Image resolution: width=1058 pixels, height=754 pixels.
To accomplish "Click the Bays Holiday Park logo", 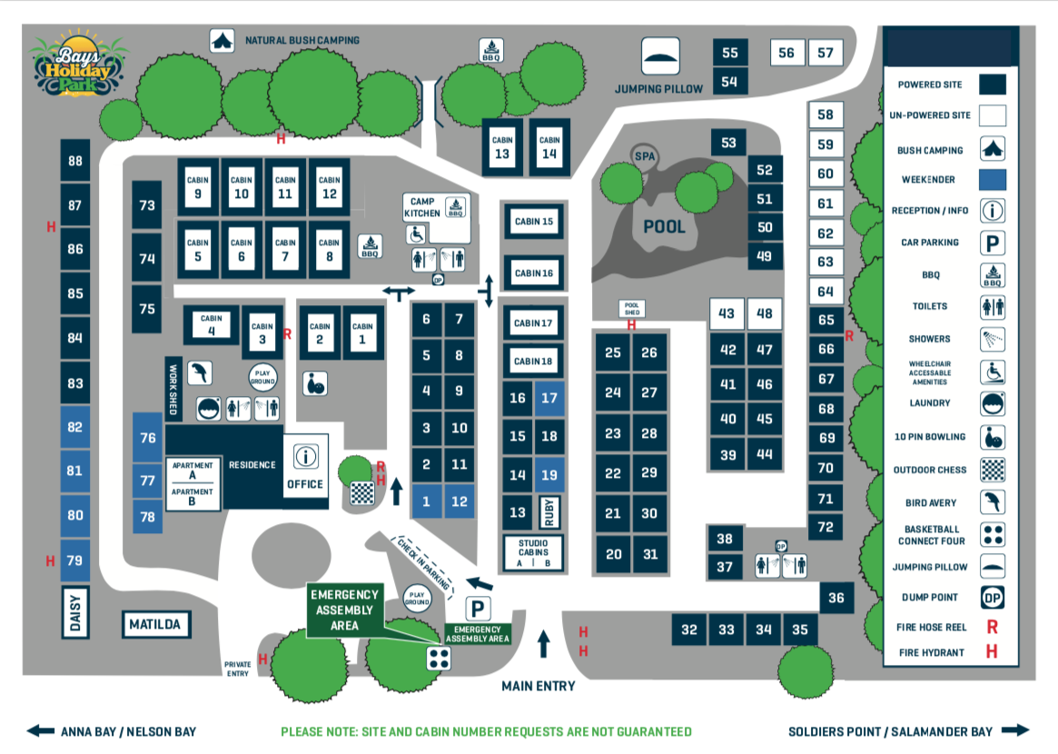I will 75,67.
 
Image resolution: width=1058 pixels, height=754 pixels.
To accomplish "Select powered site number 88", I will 74,162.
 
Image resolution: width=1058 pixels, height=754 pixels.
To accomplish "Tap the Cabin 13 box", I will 502,146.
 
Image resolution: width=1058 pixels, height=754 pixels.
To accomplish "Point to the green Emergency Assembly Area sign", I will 345,610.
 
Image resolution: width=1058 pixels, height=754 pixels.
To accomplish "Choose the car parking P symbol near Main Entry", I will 478,608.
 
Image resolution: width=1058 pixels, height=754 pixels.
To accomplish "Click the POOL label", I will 664,226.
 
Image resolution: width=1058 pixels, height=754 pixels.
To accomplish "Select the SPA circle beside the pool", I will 645,156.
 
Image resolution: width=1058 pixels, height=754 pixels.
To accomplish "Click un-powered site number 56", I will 786,53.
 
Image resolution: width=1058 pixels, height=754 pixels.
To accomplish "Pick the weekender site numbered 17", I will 549,398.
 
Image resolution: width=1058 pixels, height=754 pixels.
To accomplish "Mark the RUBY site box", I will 549,512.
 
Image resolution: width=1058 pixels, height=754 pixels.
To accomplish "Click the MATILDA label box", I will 154,625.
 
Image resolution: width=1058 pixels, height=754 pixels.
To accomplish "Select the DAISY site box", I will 75,611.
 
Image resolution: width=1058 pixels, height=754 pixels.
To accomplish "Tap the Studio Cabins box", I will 533,552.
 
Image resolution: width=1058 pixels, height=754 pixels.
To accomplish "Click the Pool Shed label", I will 631,308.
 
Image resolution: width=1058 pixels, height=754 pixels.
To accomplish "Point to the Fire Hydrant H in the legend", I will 992,651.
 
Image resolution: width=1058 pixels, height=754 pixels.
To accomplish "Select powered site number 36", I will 836,598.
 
